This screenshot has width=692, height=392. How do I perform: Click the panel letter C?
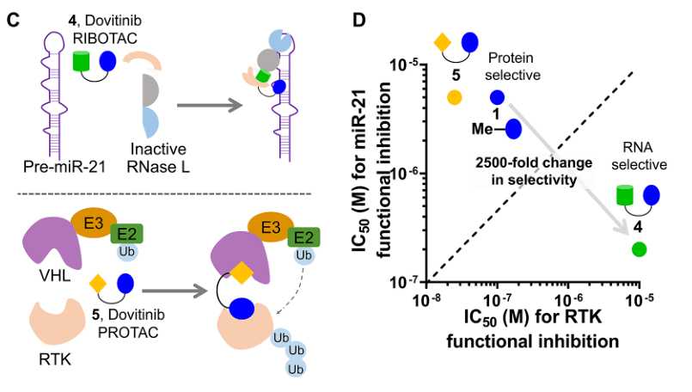click(x=13, y=15)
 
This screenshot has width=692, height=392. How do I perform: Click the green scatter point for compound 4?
click(x=638, y=249)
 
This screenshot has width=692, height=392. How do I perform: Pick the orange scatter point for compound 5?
click(x=456, y=97)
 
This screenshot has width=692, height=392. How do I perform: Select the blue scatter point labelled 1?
click(x=498, y=97)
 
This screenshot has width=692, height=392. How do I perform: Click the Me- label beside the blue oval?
click(x=483, y=129)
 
